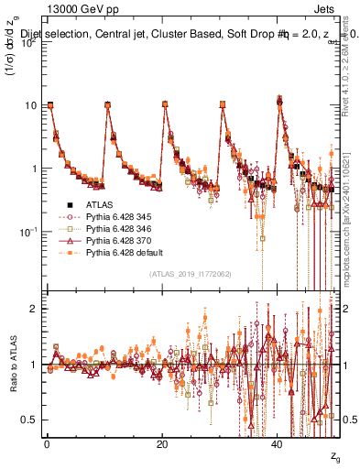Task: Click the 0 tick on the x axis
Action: point(47,445)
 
